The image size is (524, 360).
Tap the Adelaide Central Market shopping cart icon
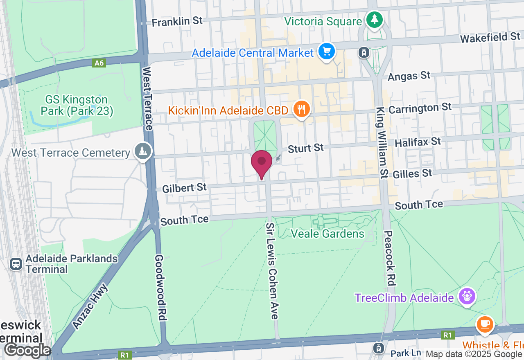point(327,52)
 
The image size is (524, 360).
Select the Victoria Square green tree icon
point(373,19)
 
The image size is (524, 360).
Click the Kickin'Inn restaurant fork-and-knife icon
point(302,109)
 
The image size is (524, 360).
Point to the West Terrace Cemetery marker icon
point(142,151)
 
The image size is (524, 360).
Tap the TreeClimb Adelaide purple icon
point(466,296)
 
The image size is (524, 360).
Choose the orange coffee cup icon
point(485,324)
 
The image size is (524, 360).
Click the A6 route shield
point(99,63)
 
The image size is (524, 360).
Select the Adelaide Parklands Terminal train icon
point(16,264)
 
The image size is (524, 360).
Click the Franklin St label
point(177,21)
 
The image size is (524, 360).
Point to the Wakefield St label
point(490,38)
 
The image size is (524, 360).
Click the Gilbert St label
point(185,188)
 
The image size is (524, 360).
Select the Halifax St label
point(418,142)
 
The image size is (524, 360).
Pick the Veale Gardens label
point(327,234)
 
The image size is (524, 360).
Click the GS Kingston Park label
point(77,105)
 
